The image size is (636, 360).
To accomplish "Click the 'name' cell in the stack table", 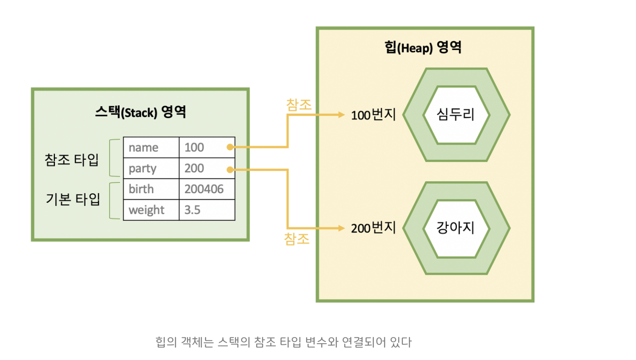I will pos(151,148).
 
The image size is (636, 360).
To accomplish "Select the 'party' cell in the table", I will pos(151,169).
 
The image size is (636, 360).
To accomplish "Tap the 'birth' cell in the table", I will pos(151,189).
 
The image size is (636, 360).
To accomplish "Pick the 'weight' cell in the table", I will pos(151,210).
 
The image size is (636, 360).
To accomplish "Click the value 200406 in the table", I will pos(204,189).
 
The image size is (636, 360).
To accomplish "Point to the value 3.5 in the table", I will pos(193,210).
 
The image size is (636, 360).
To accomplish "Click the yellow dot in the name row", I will pos(230,147).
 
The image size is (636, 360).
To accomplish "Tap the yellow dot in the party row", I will pos(230,170).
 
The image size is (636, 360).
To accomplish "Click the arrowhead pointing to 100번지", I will pos(341,115).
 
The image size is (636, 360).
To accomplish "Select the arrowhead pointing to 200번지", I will pos(341,228).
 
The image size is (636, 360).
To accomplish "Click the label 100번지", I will pos(373,115).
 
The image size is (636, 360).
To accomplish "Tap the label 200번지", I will pos(373,228).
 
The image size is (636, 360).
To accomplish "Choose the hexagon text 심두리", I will pos(455,114).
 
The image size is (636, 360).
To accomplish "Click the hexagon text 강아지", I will pos(455,228).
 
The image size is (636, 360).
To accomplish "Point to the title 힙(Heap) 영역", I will pos(423,48).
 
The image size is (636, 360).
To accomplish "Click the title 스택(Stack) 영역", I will pos(141,112).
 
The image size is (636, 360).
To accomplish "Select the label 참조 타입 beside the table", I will pos(72,159).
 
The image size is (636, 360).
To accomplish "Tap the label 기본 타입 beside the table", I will pos(73,199).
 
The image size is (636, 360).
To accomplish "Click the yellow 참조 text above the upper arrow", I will pos(299,105).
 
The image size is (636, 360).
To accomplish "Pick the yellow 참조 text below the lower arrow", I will pos(297,239).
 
